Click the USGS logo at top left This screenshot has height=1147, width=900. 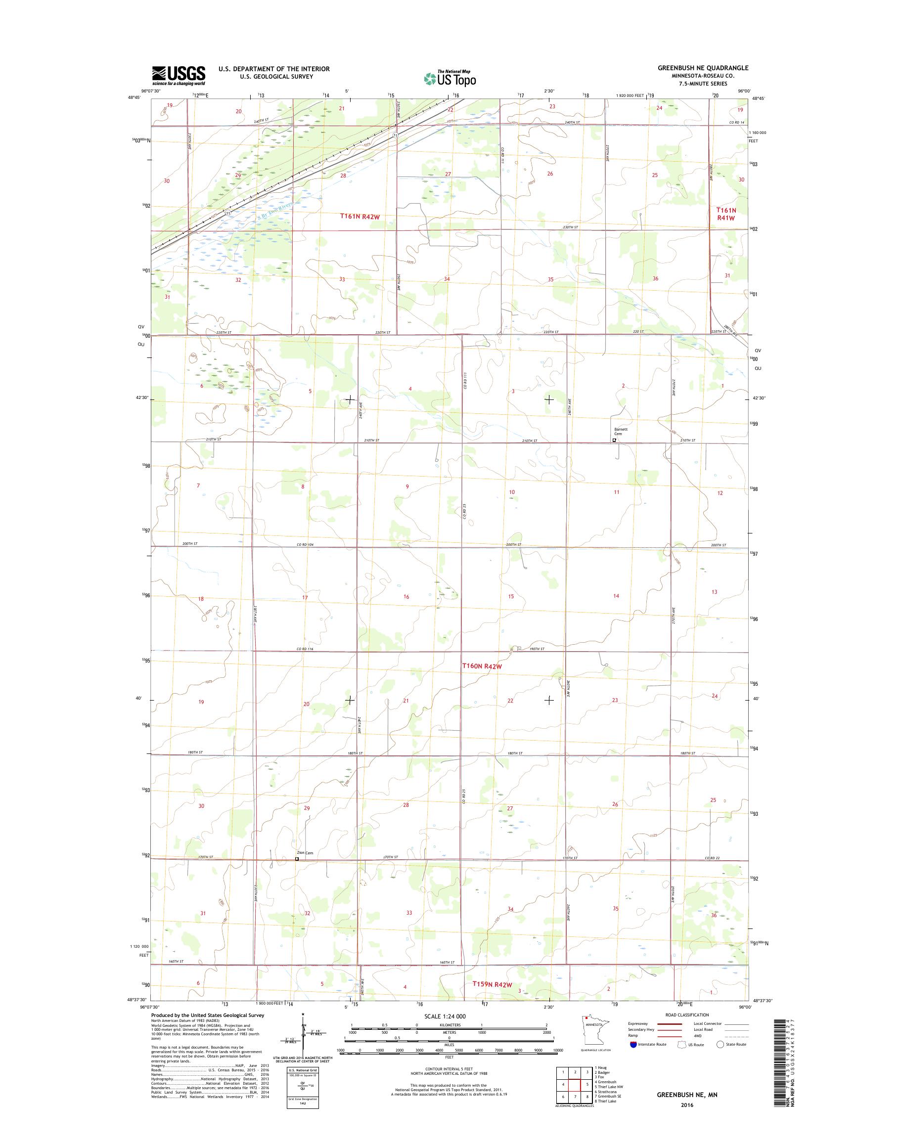(179, 75)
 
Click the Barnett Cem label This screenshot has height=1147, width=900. (620, 432)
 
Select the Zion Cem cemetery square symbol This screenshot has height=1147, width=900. (297, 859)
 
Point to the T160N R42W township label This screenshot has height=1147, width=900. (482, 666)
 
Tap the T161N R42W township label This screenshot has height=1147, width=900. (360, 216)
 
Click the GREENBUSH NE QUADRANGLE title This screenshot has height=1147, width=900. (702, 68)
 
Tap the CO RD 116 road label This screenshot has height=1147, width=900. (304, 649)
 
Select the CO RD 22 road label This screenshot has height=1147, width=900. (712, 858)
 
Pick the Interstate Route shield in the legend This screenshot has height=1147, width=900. (633, 1044)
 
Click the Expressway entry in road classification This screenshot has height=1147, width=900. (637, 1024)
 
